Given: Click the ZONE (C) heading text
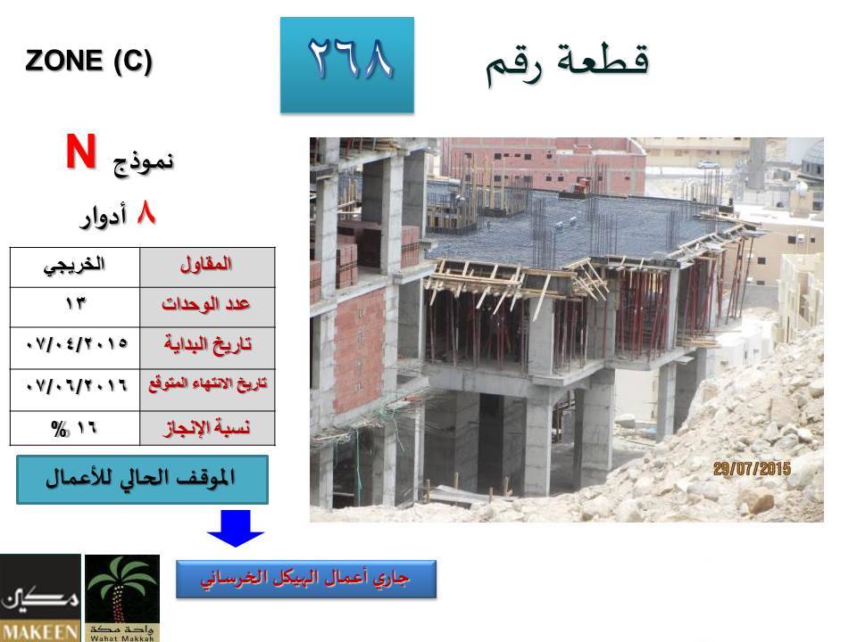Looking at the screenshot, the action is tap(88, 61).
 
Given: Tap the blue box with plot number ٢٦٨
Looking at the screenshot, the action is tap(347, 65).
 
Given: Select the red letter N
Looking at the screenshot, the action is tap(81, 152).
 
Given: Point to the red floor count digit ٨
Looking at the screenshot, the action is tap(146, 213).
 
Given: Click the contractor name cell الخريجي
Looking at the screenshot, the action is tap(75, 267).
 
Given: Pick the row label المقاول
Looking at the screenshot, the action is tap(206, 267).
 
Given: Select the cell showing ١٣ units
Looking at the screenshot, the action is tap(75, 307).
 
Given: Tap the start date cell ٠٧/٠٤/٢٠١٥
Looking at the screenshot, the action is tap(75, 348).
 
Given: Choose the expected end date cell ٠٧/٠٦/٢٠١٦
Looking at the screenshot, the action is tap(75, 390).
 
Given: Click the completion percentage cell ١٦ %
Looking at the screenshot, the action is tap(75, 428).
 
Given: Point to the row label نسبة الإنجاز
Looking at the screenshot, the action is tap(206, 428).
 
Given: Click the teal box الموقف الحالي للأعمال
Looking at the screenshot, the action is tap(142, 480).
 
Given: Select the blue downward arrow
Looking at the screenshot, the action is tap(236, 528).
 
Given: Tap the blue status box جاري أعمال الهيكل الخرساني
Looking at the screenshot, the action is tap(306, 579).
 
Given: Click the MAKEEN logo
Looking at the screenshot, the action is tap(40, 598).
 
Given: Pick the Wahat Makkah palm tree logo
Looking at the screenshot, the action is tap(122, 598).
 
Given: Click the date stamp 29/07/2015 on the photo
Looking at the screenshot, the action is tap(752, 468).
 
